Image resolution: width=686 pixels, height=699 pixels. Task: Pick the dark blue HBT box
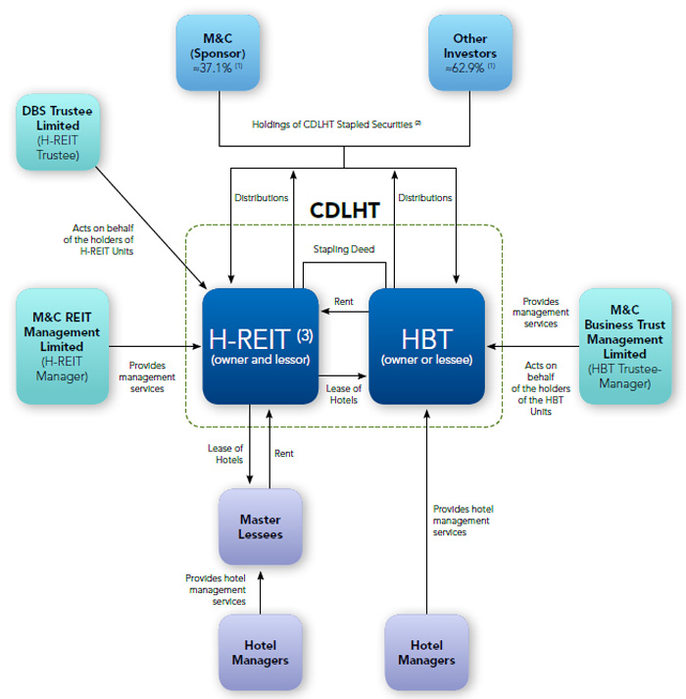point(426,345)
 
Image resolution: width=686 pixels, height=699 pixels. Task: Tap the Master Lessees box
point(260,526)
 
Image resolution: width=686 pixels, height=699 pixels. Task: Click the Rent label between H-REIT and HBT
point(343,302)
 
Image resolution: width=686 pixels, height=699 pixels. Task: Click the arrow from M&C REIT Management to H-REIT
point(157,345)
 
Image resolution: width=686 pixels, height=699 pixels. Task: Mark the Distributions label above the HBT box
point(425,198)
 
